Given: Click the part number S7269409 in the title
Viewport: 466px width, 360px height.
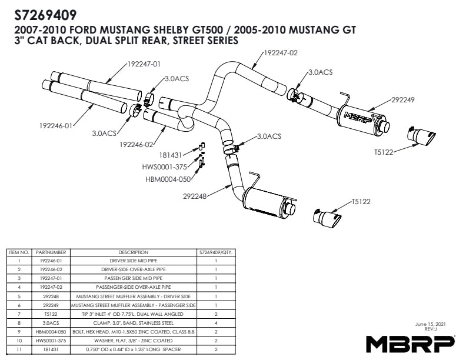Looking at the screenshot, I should [45, 13].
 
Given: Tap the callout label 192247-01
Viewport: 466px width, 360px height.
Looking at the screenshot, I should [144, 64].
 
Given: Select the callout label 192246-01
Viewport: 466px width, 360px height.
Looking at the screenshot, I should [56, 125].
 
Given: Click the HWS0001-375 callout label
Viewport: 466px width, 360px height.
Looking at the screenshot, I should [167, 167].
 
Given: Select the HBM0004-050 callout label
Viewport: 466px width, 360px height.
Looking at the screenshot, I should [168, 179].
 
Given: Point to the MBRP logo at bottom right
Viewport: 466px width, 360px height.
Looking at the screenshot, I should [410, 342].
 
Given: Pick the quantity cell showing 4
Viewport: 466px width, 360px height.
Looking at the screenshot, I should [216, 322].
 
